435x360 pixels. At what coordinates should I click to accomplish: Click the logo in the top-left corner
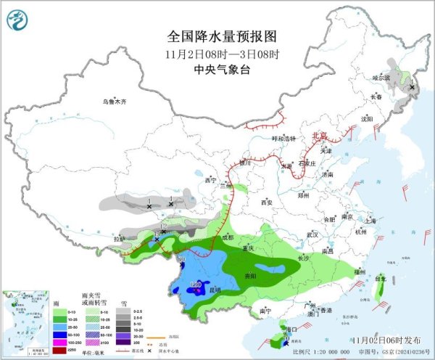click(x=16, y=17)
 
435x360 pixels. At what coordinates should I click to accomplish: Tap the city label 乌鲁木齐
click(x=114, y=102)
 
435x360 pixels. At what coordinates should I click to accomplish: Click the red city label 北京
click(x=319, y=136)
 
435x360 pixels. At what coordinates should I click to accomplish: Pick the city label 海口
click(x=292, y=329)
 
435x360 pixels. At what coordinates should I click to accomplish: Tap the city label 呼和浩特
click(x=283, y=139)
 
